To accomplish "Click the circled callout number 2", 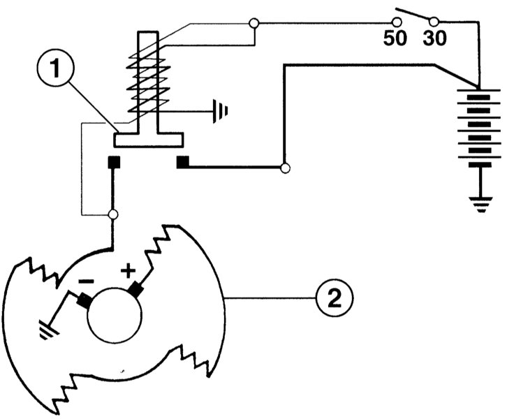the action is coord(335,297).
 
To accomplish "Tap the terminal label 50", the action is coord(395,38).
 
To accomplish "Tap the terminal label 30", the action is coord(435,38).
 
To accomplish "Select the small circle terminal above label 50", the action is coord(397,22).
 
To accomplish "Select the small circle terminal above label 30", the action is coord(434,22).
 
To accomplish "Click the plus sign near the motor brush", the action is coord(128,271).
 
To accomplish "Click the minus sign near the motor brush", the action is coord(87,281).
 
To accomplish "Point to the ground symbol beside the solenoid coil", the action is coord(220,111).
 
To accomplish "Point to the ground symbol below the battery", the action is coord(481,205).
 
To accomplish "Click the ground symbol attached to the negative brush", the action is coord(48,330).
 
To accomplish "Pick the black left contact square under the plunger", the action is coord(114,162).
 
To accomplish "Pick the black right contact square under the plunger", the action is coord(183,162).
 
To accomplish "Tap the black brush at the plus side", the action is coord(135,289).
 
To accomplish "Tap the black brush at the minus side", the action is coord(84,300).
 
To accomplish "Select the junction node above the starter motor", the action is coord(113,214).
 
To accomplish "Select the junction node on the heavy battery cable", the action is coord(285,168).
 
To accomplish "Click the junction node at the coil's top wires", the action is coord(254,23).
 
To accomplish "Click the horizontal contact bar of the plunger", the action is coord(149,140).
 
